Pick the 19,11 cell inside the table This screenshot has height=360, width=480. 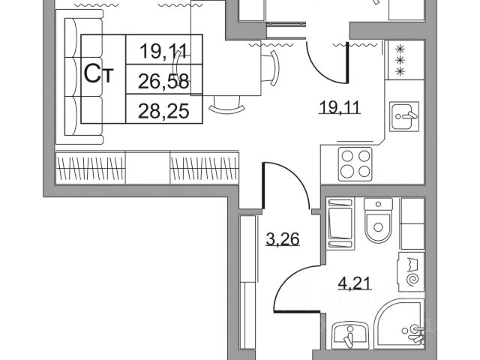coord(164,51)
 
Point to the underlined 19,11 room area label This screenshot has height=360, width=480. coord(338,107)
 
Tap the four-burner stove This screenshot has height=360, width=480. coord(355,163)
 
